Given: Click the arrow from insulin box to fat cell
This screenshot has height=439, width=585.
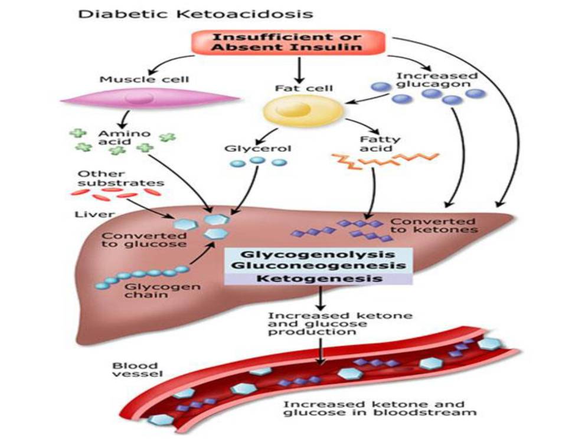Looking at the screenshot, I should point(299,70).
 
